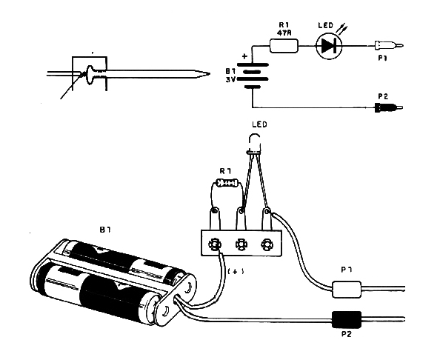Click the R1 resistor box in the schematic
pyautogui.click(x=284, y=46)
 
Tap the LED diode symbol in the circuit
pyautogui.click(x=329, y=46)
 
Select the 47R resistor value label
pyautogui.click(x=284, y=33)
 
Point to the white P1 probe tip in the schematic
pyautogui.click(x=390, y=45)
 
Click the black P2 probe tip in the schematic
pyautogui.click(x=389, y=107)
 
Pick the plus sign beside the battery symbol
pyautogui.click(x=244, y=56)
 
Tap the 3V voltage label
pyautogui.click(x=230, y=80)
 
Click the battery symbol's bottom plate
pyautogui.click(x=253, y=87)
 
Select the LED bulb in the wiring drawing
pyautogui.click(x=254, y=144)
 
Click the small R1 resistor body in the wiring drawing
pyautogui.click(x=228, y=184)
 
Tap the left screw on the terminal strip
pyautogui.click(x=214, y=244)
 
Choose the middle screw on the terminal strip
pyautogui.click(x=241, y=244)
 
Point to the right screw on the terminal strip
pyautogui.click(x=266, y=244)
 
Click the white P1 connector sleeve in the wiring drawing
pyautogui.click(x=346, y=289)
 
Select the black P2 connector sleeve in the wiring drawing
pyautogui.click(x=346, y=319)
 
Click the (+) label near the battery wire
pyautogui.click(x=236, y=271)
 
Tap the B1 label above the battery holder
pyautogui.click(x=105, y=230)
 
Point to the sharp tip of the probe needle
pyautogui.click(x=210, y=74)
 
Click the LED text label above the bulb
pyautogui.click(x=259, y=124)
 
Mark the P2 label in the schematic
pyautogui.click(x=383, y=96)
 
